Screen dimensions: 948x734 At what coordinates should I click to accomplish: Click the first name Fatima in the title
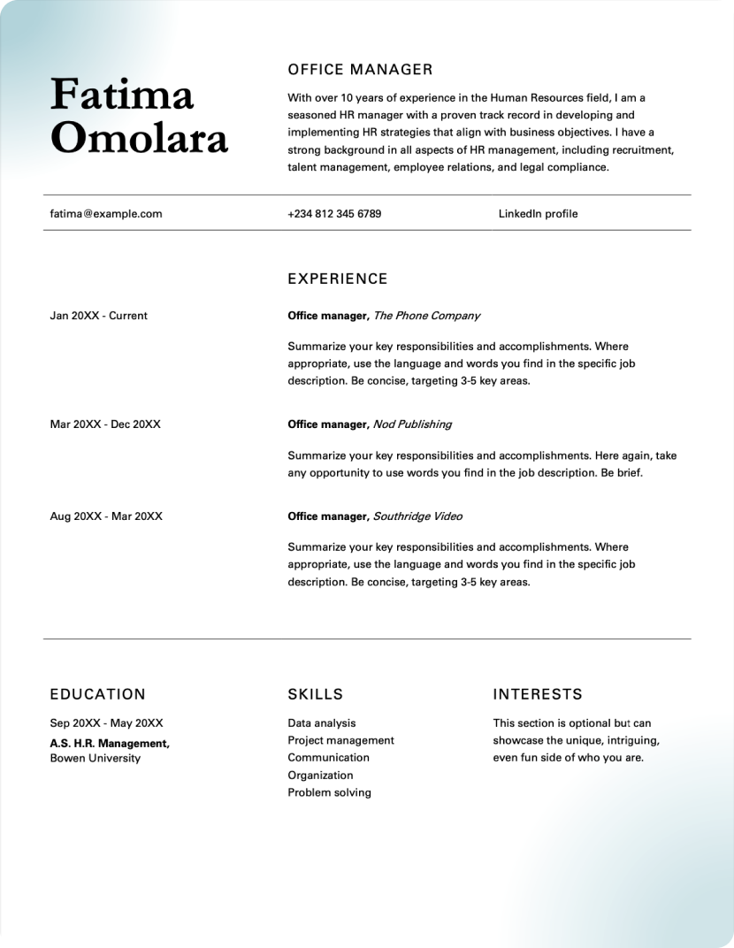click(x=122, y=96)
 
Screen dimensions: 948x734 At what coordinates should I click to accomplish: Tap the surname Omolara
click(x=139, y=138)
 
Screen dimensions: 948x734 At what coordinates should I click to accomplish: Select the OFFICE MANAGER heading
click(x=360, y=70)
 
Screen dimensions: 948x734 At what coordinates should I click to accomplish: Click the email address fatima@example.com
click(x=106, y=213)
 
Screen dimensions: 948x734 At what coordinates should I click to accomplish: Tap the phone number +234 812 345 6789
click(x=334, y=213)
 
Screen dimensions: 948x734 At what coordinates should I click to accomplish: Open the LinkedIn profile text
click(x=538, y=213)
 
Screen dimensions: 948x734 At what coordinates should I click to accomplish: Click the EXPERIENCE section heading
click(x=338, y=279)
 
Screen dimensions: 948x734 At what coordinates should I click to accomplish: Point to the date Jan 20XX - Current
click(x=99, y=316)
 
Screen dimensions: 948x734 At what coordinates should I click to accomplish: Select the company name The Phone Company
click(x=427, y=316)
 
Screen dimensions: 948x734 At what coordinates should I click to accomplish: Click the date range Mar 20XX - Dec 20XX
click(x=105, y=424)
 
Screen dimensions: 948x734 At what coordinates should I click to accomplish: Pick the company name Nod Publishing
click(x=412, y=424)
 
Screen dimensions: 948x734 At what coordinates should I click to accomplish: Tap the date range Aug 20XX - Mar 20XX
click(x=106, y=516)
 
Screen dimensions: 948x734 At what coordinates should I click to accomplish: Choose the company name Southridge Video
click(x=417, y=516)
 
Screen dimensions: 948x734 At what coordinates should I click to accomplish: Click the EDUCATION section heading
click(x=97, y=695)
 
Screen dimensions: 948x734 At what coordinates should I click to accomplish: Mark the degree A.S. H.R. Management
click(x=110, y=744)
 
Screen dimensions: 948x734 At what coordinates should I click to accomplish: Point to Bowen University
click(x=95, y=758)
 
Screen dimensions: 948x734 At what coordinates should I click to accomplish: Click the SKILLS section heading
click(x=315, y=695)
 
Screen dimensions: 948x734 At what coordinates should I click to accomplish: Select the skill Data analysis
click(x=322, y=723)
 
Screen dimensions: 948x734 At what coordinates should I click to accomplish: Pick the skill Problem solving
click(x=329, y=792)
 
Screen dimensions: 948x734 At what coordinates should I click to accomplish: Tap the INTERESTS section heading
click(x=538, y=695)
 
